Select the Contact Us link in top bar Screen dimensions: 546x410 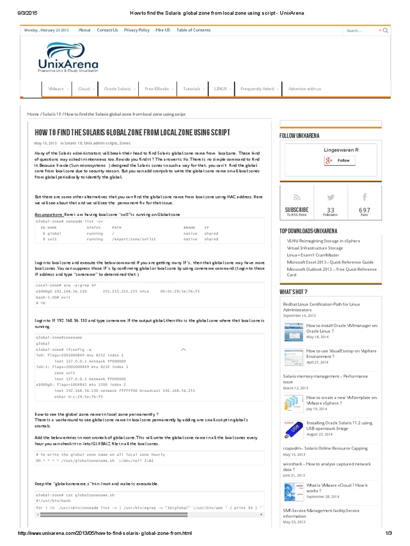tap(107, 30)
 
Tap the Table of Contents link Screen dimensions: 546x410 tap(193, 30)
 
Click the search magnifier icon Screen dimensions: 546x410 tap(385, 30)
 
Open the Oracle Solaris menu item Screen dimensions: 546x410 tap(117, 89)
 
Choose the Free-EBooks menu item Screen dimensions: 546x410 tap(156, 89)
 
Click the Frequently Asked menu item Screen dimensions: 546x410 tap(257, 89)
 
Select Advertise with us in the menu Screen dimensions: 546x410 tap(304, 89)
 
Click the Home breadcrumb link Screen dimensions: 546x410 tap(33, 114)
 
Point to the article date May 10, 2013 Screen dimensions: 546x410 tap(45, 143)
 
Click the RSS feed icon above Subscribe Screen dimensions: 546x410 tap(296, 197)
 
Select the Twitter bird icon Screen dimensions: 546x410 tap(330, 197)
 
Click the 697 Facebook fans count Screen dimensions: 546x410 tap(364, 210)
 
